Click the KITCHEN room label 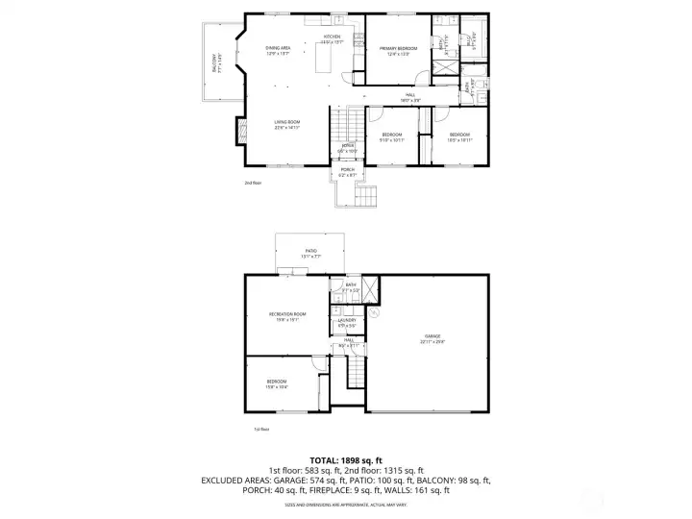[x=332, y=39]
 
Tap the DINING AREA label [x=279, y=50]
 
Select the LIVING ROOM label [x=286, y=124]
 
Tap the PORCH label [x=347, y=171]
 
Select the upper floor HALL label [x=409, y=96]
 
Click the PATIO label [x=310, y=253]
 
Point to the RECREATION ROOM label [x=286, y=316]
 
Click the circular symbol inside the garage [x=376, y=311]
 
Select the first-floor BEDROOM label [x=277, y=383]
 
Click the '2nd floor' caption [x=252, y=181]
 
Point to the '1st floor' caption [x=260, y=430]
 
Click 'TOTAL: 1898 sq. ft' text [x=345, y=459]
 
